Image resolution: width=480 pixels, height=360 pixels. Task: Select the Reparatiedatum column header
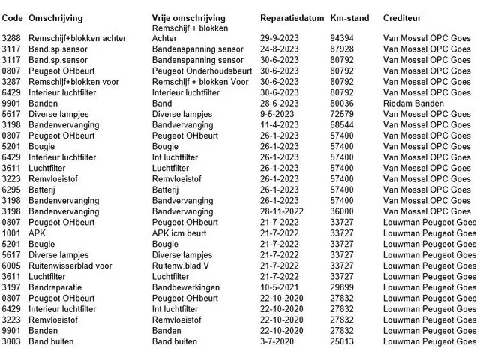tap(291, 16)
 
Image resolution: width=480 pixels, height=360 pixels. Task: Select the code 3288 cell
tap(11, 37)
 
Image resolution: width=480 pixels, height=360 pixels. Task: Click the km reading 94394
tap(341, 37)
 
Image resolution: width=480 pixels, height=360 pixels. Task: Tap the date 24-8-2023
tap(280, 49)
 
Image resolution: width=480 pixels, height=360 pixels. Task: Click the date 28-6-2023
tap(280, 103)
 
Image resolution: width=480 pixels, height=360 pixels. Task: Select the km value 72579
tap(341, 115)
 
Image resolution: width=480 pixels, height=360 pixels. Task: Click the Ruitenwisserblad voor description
tap(70, 265)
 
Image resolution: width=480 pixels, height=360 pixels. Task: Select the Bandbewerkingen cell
tap(185, 287)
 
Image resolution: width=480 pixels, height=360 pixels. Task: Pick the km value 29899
tap(341, 287)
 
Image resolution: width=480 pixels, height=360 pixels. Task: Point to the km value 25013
tap(341, 341)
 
